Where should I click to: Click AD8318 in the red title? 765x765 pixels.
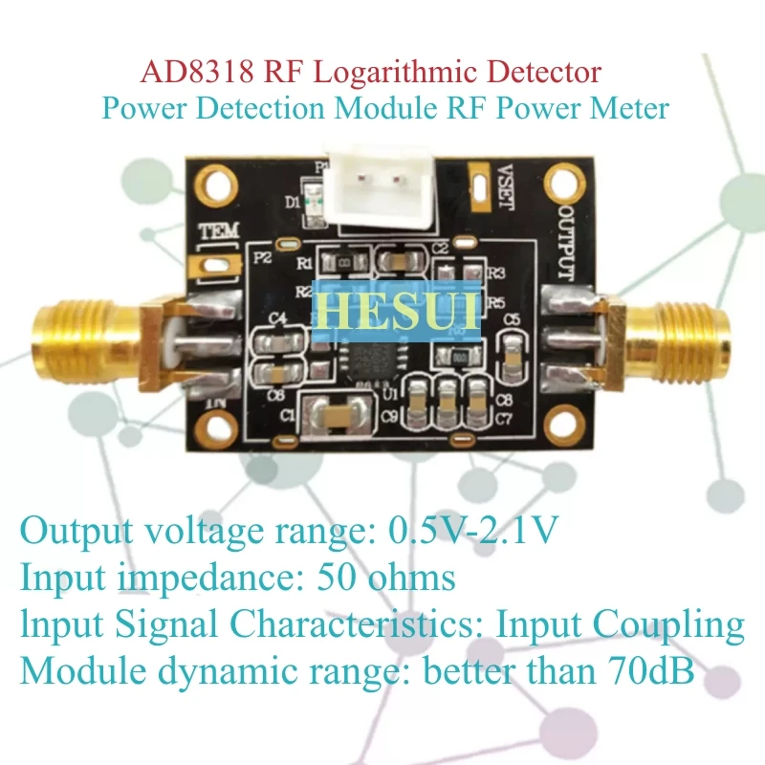pos(187,73)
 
